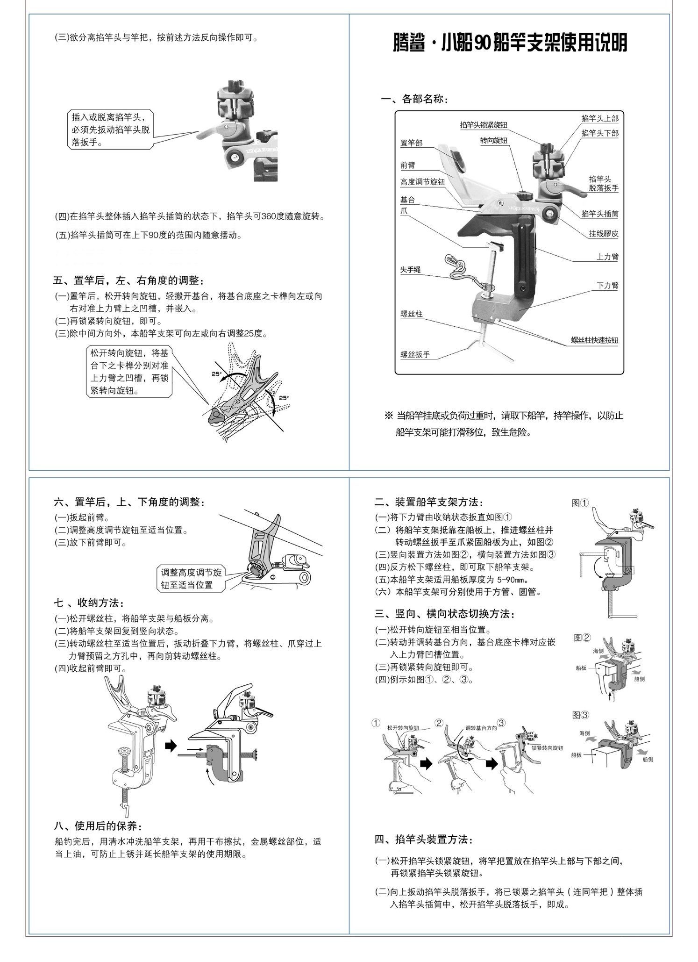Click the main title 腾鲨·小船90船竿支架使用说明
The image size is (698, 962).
pyautogui.click(x=509, y=43)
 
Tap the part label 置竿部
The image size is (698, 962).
pyautogui.click(x=411, y=143)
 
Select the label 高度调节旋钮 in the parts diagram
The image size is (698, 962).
pyautogui.click(x=422, y=182)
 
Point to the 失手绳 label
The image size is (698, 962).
pyautogui.click(x=411, y=270)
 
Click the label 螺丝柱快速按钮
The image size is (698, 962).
pyautogui.click(x=594, y=340)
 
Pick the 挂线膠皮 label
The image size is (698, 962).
pyautogui.click(x=604, y=233)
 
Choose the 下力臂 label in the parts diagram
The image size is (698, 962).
pyautogui.click(x=607, y=285)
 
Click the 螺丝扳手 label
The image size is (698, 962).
pyautogui.click(x=415, y=354)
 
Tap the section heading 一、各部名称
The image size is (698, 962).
pyautogui.click(x=414, y=99)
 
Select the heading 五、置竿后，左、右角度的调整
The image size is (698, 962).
pyautogui.click(x=128, y=280)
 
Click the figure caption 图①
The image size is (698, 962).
pyautogui.click(x=580, y=503)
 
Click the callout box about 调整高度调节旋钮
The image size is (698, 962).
pyautogui.click(x=191, y=578)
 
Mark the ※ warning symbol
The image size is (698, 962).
pyautogui.click(x=388, y=416)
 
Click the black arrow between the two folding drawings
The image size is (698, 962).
pyautogui.click(x=172, y=745)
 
